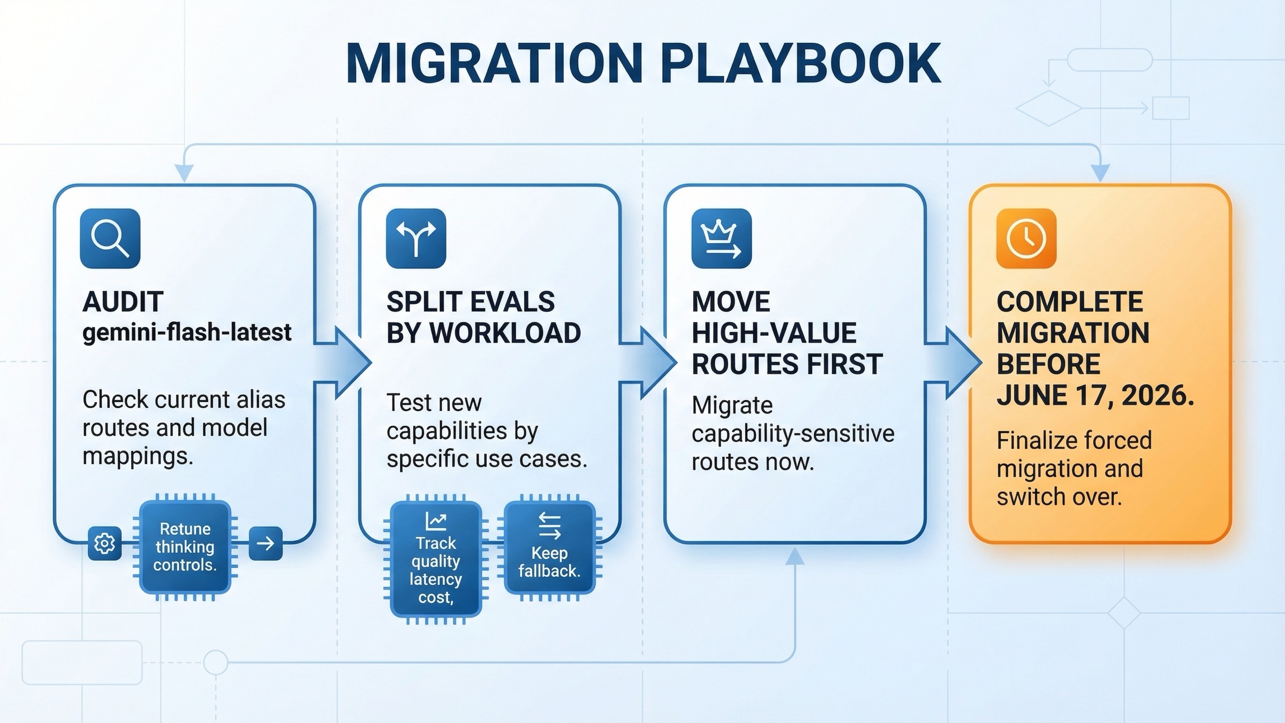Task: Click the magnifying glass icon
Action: click(x=110, y=238)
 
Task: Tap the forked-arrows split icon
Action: click(x=416, y=238)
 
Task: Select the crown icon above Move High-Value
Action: click(x=721, y=238)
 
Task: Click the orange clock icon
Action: click(x=1026, y=238)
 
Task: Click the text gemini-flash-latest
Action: click(x=187, y=333)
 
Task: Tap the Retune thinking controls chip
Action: click(x=185, y=547)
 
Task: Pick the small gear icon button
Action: click(x=104, y=544)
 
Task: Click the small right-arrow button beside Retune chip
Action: click(x=266, y=544)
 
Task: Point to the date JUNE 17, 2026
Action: click(x=1095, y=396)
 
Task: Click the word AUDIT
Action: click(x=123, y=302)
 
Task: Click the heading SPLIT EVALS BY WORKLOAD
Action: click(x=483, y=317)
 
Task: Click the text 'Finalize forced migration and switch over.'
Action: click(x=1074, y=468)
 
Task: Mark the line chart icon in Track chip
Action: click(x=436, y=521)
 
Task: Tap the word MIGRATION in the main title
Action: click(x=494, y=64)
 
